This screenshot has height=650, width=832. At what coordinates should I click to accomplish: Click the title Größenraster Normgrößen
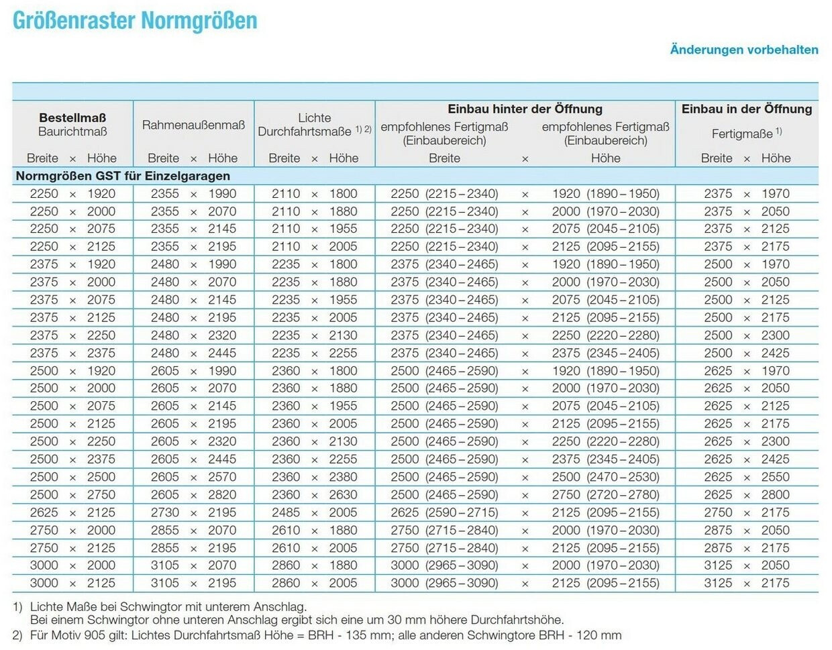(135, 20)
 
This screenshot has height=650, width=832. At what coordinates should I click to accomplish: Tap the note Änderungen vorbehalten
(743, 50)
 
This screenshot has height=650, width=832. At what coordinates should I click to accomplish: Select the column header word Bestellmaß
(72, 118)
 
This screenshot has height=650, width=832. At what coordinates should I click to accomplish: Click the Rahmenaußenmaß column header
(193, 125)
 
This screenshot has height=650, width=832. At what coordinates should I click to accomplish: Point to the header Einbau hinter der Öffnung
(525, 109)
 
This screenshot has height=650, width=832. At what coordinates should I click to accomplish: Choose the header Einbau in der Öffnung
(746, 109)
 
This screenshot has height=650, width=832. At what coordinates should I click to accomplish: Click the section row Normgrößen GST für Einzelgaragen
(123, 176)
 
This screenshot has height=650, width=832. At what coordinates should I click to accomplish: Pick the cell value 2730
(165, 512)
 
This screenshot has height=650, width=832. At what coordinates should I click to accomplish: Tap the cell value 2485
(286, 512)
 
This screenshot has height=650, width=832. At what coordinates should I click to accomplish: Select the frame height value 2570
(222, 477)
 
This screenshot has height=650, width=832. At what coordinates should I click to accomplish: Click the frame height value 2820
(222, 494)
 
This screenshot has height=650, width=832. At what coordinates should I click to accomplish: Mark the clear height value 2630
(343, 494)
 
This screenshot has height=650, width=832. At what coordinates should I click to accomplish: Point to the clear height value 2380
(343, 477)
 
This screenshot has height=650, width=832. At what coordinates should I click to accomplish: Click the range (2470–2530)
(623, 477)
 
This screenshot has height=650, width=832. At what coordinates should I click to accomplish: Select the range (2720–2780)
(623, 494)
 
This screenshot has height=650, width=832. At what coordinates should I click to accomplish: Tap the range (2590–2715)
(462, 512)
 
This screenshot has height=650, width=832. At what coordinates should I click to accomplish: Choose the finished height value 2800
(775, 494)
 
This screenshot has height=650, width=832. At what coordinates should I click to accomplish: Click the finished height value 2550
(775, 477)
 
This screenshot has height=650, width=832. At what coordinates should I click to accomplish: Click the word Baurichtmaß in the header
(72, 131)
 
